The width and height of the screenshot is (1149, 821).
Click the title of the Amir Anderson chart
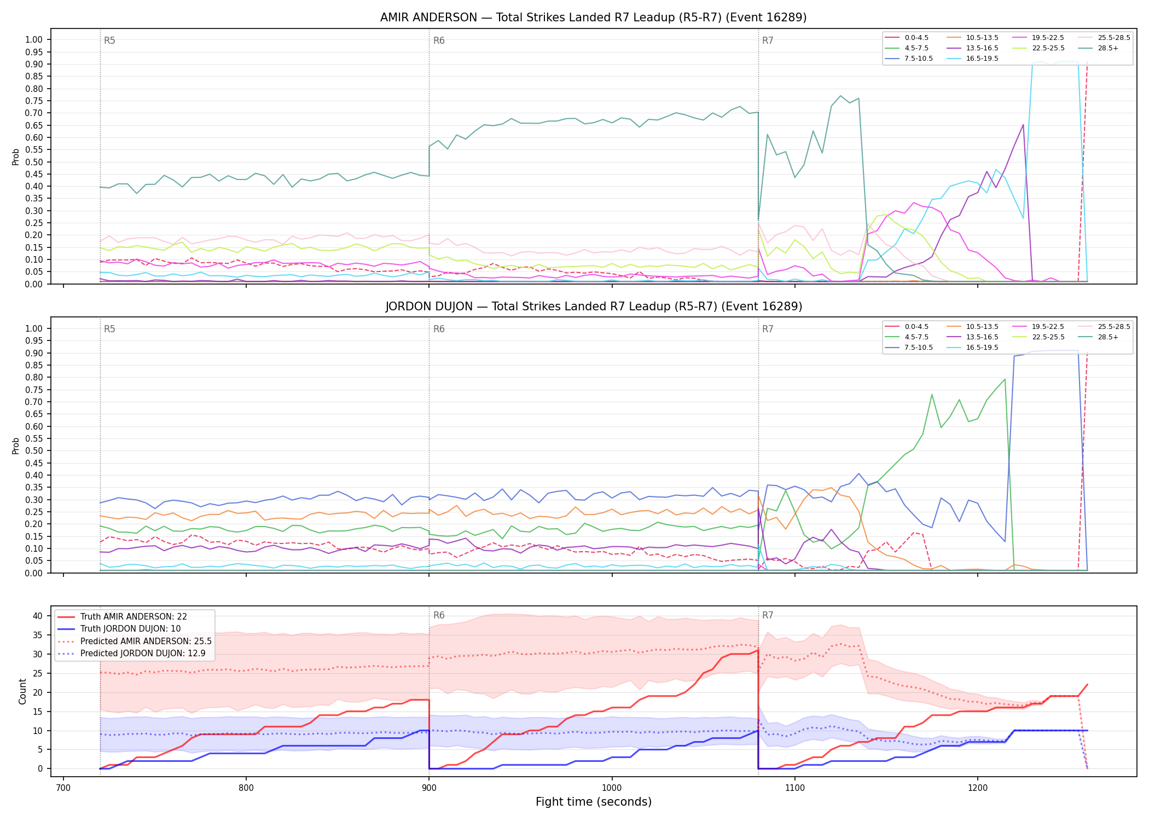[x=593, y=18]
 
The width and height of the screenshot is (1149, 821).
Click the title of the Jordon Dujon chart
[x=594, y=307]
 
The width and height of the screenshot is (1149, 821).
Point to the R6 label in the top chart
[x=439, y=41]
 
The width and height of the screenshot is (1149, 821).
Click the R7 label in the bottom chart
[x=768, y=615]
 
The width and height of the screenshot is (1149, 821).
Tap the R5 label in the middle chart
[x=109, y=329]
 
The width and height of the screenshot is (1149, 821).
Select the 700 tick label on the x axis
[x=63, y=788]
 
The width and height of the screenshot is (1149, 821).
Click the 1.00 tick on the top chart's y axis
[x=34, y=39]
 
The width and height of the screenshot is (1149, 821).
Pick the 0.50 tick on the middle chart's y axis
[x=34, y=451]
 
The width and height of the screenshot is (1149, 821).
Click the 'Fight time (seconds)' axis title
[x=594, y=802]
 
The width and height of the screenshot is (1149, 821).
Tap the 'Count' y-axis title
[x=23, y=691]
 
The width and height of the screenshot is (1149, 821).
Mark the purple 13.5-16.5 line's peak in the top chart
[x=1023, y=125]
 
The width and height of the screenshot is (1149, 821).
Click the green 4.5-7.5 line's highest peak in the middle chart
[x=1005, y=379]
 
